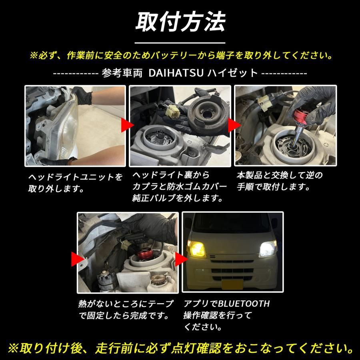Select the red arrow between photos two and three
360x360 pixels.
[x=232, y=125]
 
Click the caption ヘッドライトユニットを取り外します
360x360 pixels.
[x=75, y=183]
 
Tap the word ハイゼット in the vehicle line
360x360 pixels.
[x=232, y=73]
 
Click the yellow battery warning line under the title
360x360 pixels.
[x=180, y=55]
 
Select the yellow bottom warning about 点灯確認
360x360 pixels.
[x=180, y=346]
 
